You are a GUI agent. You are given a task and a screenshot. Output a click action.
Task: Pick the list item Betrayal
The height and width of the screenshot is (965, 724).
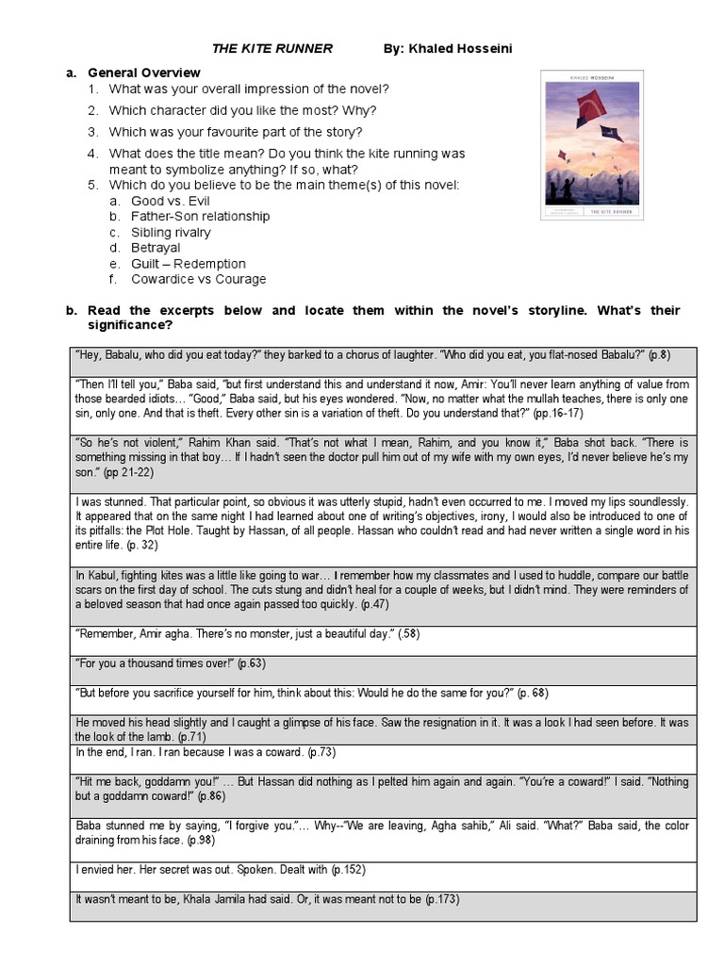[x=156, y=248]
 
